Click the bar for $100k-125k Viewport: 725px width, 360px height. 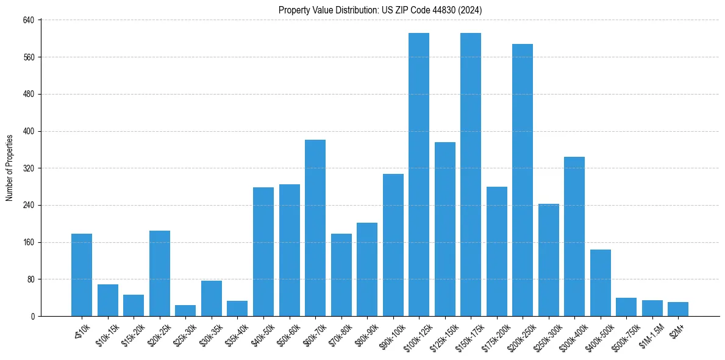pos(418,175)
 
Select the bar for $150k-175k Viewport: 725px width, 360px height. pos(470,175)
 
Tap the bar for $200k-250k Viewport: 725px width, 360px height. pos(522,180)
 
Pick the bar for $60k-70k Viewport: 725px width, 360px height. pos(315,228)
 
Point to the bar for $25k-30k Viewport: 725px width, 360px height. pos(185,311)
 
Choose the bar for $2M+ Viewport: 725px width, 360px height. pos(677,309)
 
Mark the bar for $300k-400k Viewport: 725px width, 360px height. pos(574,236)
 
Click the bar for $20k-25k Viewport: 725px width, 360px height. pos(159,273)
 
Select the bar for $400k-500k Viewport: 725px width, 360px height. pos(600,283)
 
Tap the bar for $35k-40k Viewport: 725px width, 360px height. pos(237,308)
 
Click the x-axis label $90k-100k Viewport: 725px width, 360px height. pos(393,334)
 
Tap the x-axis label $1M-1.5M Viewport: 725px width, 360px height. pos(651,334)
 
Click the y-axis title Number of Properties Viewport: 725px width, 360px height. pos(10,168)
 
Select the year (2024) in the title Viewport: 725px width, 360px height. pos(470,10)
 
